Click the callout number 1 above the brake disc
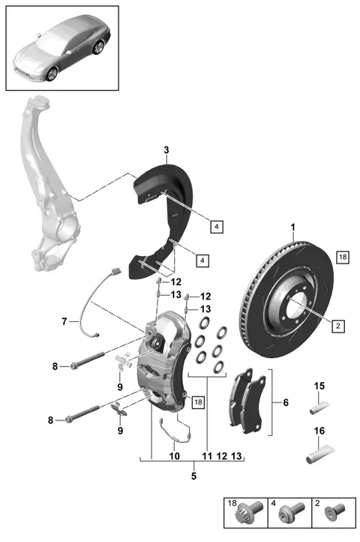tap(293, 227)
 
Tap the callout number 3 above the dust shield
tap(166, 150)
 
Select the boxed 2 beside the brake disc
tap(338, 326)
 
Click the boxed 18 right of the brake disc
tap(343, 257)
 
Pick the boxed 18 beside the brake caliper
tap(198, 402)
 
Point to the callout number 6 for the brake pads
tap(286, 402)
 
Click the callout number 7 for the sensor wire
tap(64, 322)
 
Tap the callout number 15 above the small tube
tap(319, 386)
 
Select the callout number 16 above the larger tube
tap(319, 431)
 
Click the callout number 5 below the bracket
tap(193, 476)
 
